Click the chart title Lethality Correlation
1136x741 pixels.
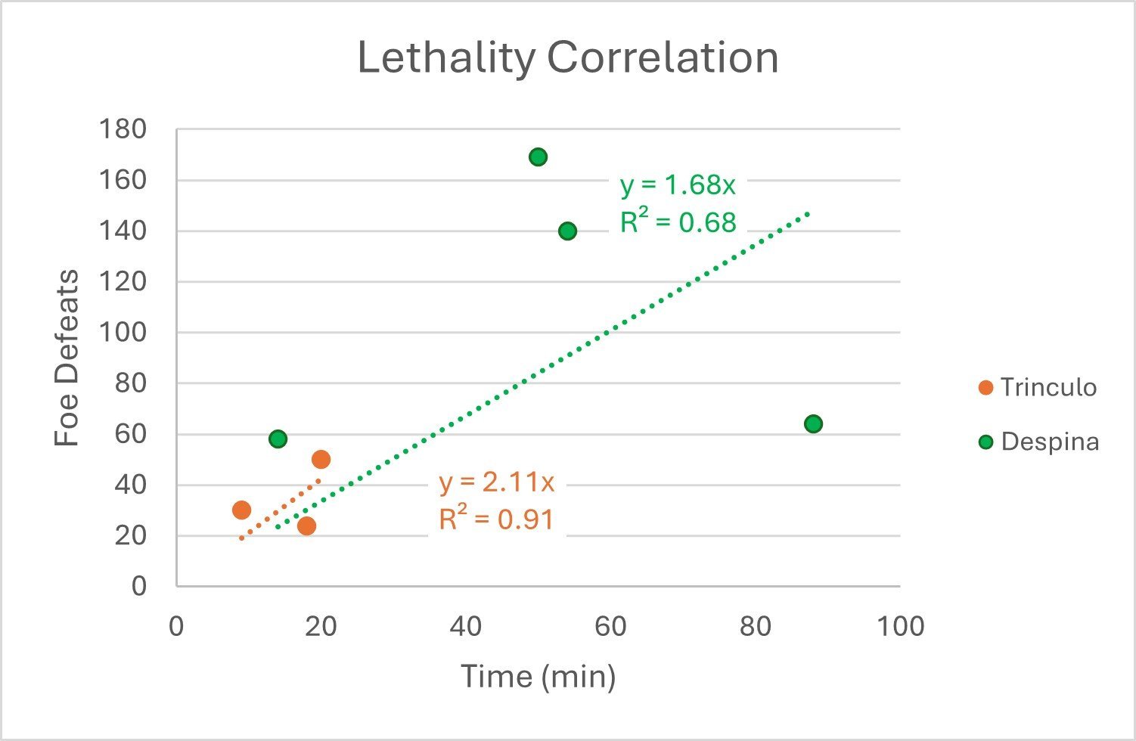point(567,58)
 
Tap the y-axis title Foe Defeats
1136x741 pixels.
point(67,358)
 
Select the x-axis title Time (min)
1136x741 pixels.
point(538,676)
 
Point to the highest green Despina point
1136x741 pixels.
point(538,157)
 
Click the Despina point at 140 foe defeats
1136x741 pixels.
point(567,231)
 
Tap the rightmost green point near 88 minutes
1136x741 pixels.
point(813,423)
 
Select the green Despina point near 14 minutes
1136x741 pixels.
point(278,439)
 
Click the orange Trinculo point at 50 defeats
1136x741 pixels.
point(321,459)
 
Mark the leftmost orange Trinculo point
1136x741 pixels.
point(241,510)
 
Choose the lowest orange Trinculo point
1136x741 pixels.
point(306,526)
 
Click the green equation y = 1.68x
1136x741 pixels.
point(678,185)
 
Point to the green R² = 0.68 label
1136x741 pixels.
point(678,222)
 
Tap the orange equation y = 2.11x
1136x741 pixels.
point(497,482)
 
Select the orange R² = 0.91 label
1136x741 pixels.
point(496,519)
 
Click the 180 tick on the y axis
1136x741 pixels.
point(123,129)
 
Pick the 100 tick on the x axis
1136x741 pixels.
point(900,626)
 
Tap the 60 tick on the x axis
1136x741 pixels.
point(610,626)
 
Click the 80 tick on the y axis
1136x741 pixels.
point(131,383)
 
